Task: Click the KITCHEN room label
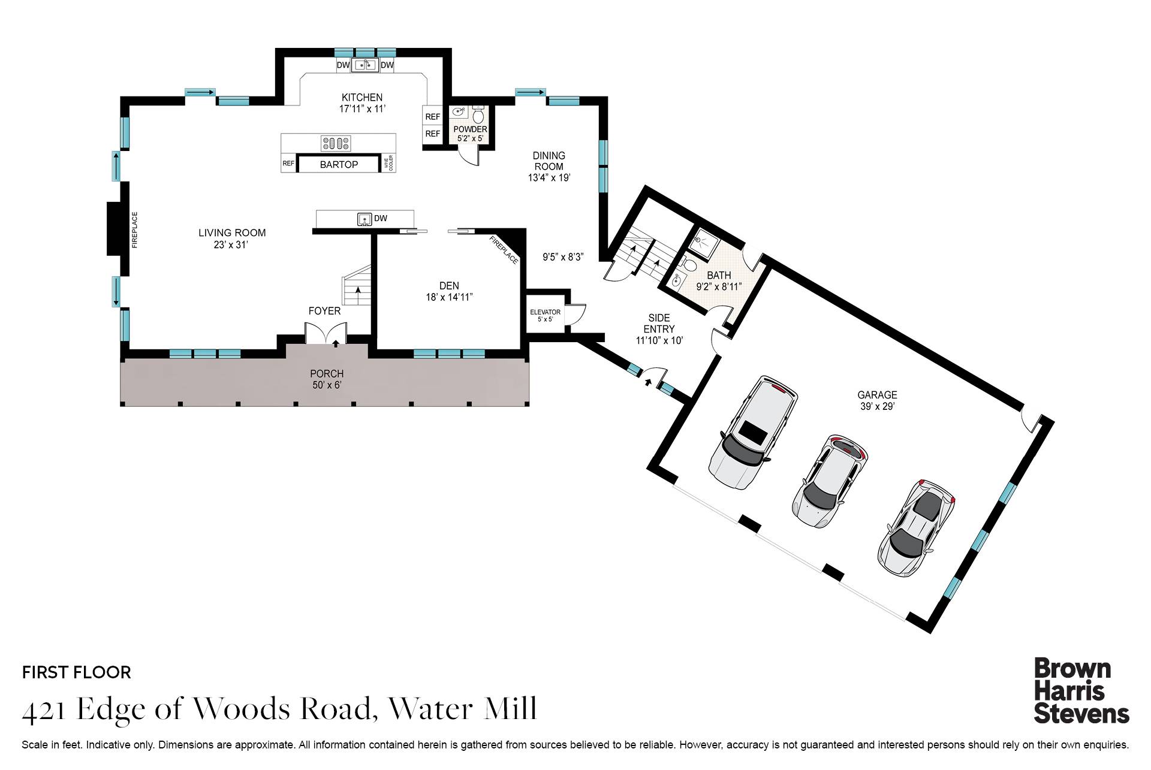(x=361, y=98)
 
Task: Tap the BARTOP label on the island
(x=339, y=164)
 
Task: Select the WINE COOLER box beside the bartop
(x=388, y=164)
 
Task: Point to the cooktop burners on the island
(x=336, y=143)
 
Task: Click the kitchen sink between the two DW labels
(x=364, y=65)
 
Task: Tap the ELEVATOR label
(x=545, y=312)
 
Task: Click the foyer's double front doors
(x=326, y=334)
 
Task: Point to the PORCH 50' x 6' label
(x=327, y=379)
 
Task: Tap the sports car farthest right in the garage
(x=916, y=527)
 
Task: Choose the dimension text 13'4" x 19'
(x=549, y=178)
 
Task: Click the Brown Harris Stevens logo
(x=1080, y=691)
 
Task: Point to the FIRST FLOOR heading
(x=76, y=672)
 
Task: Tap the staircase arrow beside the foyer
(x=358, y=291)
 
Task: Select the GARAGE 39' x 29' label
(x=876, y=400)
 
